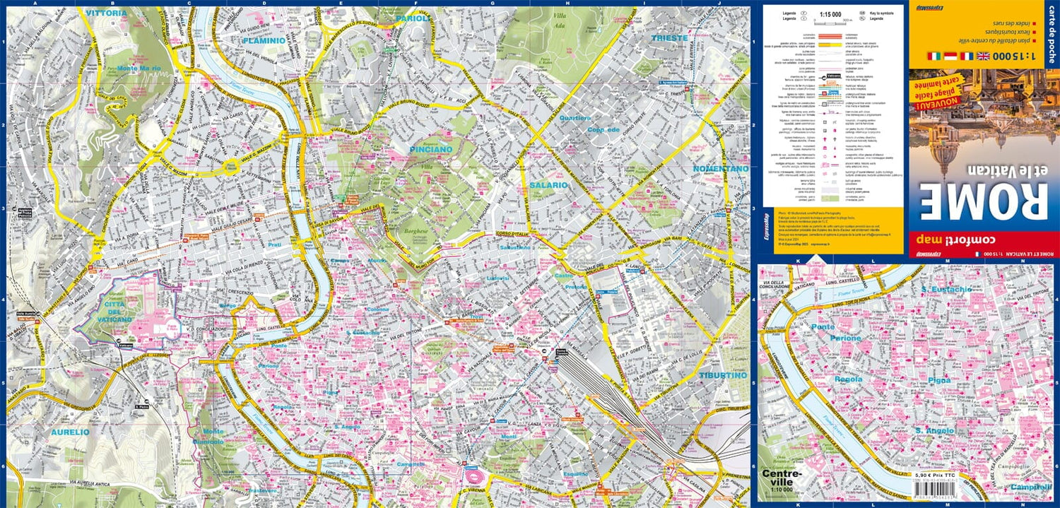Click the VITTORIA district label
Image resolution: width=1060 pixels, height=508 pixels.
(x=106, y=13)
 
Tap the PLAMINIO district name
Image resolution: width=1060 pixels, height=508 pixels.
(x=264, y=41)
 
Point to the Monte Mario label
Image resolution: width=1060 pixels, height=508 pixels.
(x=140, y=69)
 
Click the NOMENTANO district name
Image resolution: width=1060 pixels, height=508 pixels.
(x=720, y=170)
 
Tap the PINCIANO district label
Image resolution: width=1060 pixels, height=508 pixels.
(x=430, y=150)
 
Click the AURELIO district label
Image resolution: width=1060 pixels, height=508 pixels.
(x=70, y=431)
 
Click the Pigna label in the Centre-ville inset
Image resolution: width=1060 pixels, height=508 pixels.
(x=940, y=380)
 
